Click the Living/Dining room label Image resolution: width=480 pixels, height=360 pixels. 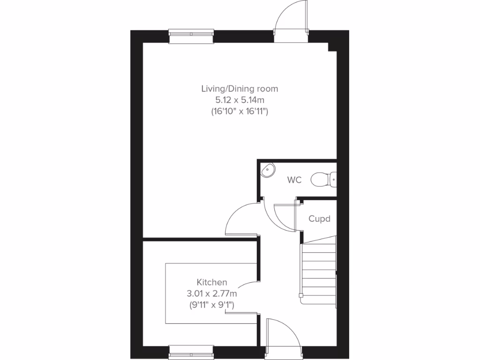[240, 88]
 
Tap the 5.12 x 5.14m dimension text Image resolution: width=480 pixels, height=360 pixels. [240, 100]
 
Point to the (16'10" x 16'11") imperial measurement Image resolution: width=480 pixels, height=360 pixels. [240, 112]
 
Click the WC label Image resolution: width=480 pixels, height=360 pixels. [294, 180]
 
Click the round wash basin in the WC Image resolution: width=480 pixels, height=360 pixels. [268, 170]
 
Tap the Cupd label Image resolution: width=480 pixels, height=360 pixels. [319, 219]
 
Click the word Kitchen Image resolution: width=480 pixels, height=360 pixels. [212, 282]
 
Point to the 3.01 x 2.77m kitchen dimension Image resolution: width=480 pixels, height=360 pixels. [212, 294]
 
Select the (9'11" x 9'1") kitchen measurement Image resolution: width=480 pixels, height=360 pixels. [212, 305]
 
